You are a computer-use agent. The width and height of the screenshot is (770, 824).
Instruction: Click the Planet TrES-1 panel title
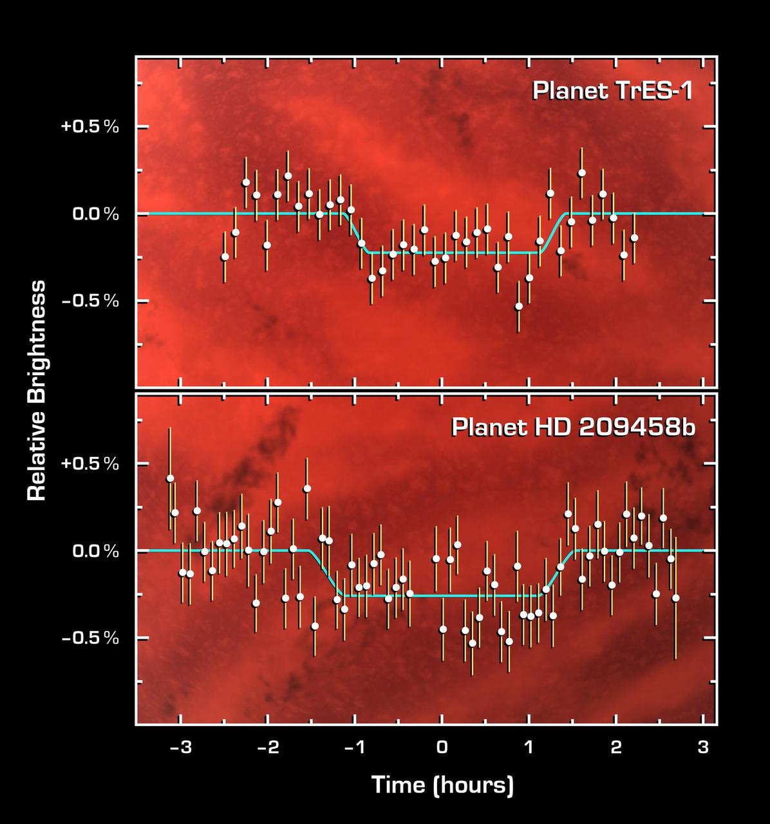click(612, 91)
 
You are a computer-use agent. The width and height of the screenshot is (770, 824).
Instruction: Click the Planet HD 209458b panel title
click(573, 427)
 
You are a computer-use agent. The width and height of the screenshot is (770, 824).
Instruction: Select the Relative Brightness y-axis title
click(37, 390)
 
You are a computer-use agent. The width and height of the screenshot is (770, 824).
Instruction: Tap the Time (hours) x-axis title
click(442, 785)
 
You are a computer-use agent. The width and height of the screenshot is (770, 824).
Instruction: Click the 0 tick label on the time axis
click(442, 747)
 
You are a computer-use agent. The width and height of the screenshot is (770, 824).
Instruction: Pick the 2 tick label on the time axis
click(616, 747)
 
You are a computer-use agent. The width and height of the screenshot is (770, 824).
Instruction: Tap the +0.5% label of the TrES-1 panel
click(90, 127)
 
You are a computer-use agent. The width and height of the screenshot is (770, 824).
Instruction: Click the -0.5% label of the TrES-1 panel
click(90, 301)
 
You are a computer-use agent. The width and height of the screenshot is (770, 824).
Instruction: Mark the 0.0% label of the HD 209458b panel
click(95, 551)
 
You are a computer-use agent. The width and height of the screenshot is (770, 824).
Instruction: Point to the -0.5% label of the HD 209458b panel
click(90, 639)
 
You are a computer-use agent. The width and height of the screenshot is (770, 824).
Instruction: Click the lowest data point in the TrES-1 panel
click(518, 306)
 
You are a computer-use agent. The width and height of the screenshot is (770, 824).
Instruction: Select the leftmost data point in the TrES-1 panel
click(225, 256)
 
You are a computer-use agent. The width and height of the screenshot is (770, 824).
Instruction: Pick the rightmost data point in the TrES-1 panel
click(634, 238)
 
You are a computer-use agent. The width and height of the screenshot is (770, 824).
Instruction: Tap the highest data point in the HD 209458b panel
click(170, 478)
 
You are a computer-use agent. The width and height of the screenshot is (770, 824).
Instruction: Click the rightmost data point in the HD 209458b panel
click(675, 598)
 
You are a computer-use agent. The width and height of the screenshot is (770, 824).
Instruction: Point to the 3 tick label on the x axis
click(703, 747)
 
